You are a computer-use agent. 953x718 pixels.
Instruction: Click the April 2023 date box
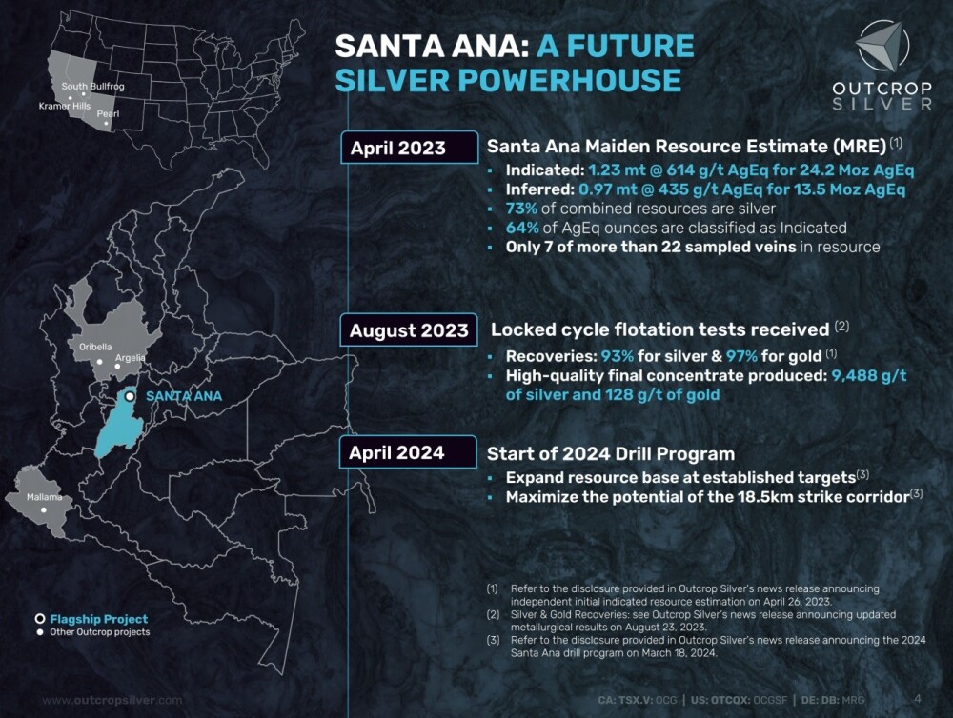(x=410, y=148)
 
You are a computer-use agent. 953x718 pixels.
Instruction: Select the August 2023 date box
(x=409, y=329)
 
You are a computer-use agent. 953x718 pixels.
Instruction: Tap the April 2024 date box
(x=409, y=452)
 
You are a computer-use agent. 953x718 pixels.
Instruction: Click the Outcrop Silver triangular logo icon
(x=882, y=46)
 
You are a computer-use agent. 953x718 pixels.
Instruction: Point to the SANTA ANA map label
(x=184, y=396)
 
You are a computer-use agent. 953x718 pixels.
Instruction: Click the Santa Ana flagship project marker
(x=130, y=396)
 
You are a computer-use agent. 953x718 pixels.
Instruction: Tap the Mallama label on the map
(x=45, y=497)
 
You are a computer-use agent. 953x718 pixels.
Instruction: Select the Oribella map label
(x=95, y=347)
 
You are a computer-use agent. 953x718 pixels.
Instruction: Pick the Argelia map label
(x=130, y=358)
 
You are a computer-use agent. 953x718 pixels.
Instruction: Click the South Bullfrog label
(x=93, y=87)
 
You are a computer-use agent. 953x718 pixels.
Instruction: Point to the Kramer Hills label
(x=65, y=106)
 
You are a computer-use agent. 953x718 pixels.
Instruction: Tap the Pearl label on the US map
(x=109, y=113)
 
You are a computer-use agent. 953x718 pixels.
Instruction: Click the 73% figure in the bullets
(x=522, y=209)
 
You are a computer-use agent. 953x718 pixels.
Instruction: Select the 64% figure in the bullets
(x=522, y=228)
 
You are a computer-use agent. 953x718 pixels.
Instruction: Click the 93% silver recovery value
(x=618, y=356)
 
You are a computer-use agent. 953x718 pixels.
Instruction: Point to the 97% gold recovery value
(x=742, y=356)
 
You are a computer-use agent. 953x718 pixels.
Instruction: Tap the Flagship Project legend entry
(x=91, y=619)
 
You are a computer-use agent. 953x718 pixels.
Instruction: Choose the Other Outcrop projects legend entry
(x=93, y=631)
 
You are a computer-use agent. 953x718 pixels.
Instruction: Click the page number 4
(x=918, y=699)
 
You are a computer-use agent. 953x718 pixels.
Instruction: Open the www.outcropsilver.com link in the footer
(x=112, y=700)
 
